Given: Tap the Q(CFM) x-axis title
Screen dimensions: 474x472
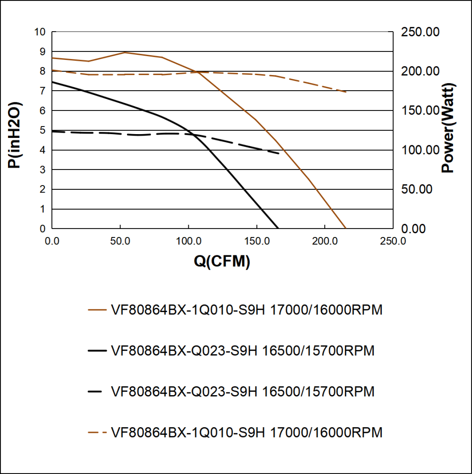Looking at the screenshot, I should pos(222,262).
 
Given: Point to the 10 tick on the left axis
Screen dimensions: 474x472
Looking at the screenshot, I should pos(40,32).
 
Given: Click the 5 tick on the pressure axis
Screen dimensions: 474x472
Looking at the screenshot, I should pos(42,130).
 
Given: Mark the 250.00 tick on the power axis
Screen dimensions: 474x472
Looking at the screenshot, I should pos(420,32).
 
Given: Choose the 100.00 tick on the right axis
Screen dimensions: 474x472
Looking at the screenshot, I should pos(420,150).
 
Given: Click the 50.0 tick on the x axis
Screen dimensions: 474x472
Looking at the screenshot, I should pos(120,241).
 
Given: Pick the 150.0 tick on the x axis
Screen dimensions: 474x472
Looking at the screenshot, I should pos(257,241).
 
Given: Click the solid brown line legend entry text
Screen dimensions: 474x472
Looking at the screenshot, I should pos(246,310).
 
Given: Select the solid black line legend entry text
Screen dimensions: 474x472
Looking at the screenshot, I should pos(243,351).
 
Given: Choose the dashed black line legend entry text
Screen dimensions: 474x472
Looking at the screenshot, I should pos(243,392).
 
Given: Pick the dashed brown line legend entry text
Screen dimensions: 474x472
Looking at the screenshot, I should pos(246,432).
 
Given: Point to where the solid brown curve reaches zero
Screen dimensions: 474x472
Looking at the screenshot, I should pos(346,229).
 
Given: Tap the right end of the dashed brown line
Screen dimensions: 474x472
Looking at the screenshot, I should pos(346,92).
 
